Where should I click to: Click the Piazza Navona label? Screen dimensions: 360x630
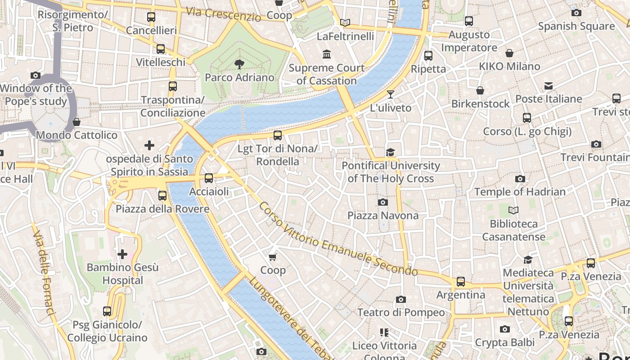coord(382,216)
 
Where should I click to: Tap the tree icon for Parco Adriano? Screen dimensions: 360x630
coord(239,64)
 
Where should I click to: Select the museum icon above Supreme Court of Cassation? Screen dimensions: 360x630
coord(327,54)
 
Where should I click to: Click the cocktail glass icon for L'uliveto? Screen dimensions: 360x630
coord(390,94)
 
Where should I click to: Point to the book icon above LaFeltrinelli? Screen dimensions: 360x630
coord(345,22)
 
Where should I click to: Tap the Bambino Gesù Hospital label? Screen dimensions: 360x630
coord(122,274)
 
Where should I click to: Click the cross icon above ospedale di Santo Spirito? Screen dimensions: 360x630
coord(149,145)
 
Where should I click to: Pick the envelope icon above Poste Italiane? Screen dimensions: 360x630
coord(548,85)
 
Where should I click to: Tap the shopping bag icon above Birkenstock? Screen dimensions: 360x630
coord(480,90)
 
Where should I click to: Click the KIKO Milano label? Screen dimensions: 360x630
coord(509,67)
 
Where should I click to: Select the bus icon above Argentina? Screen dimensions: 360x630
coord(461,282)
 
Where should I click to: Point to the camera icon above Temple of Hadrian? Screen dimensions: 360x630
coord(520,179)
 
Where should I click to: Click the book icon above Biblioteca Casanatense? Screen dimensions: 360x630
coord(513,210)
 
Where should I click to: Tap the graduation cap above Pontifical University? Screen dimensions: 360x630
coord(390,152)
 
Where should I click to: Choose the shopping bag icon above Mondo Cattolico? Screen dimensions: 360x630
coord(76,122)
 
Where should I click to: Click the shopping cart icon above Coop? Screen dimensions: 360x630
coord(273,257)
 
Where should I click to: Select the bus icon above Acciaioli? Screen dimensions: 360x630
coord(209,178)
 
